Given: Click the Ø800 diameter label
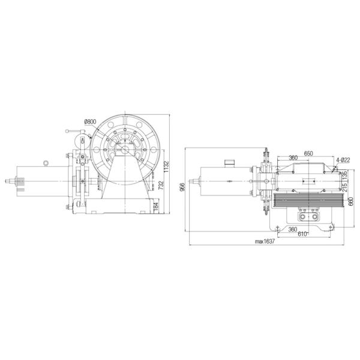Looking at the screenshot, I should pos(90,122).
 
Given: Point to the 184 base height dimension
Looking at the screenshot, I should pos(155,207).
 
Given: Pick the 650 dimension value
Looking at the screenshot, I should pos(308,154).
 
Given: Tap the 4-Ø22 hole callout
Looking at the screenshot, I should pos(344,160).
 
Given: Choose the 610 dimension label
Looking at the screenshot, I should pos(303,235).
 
